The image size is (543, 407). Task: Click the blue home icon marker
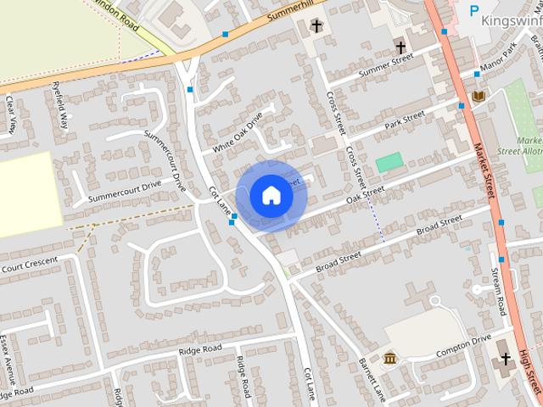tap(271, 196)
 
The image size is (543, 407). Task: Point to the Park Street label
tap(404, 120)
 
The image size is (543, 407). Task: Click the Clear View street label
tap(11, 114)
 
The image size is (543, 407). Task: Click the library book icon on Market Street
tap(479, 96)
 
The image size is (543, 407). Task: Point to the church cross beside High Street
tap(506, 359)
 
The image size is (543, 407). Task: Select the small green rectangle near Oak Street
tap(389, 160)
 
